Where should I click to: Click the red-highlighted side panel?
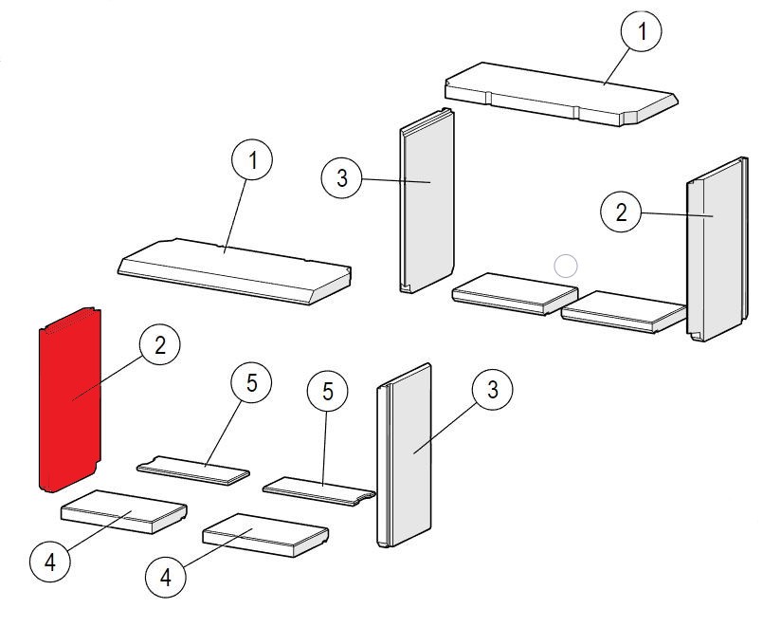[x=70, y=399]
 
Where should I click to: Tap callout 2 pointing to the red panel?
[x=160, y=345]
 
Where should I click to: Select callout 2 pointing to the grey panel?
[x=621, y=212]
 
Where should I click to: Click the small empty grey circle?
[x=565, y=266]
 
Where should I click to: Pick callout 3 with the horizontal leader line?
[x=341, y=177]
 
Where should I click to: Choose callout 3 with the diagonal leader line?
[x=493, y=390]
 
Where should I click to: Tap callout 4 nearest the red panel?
[x=50, y=562]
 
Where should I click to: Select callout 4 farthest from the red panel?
[x=165, y=577]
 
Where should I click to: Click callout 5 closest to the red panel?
[x=251, y=383]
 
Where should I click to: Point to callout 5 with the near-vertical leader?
[x=328, y=391]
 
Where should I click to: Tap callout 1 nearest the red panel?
[x=252, y=159]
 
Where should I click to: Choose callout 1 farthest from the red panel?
[x=642, y=31]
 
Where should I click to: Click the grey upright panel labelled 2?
[x=717, y=249]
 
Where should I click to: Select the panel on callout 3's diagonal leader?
[x=404, y=455]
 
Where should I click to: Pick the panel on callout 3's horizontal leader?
[x=427, y=200]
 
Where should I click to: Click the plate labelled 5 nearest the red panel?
[x=193, y=470]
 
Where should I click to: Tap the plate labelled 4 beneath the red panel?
[x=124, y=512]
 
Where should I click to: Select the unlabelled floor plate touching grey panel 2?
[x=624, y=312]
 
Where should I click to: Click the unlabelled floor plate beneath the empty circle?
[x=515, y=293]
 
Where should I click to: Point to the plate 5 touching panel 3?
[x=318, y=491]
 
